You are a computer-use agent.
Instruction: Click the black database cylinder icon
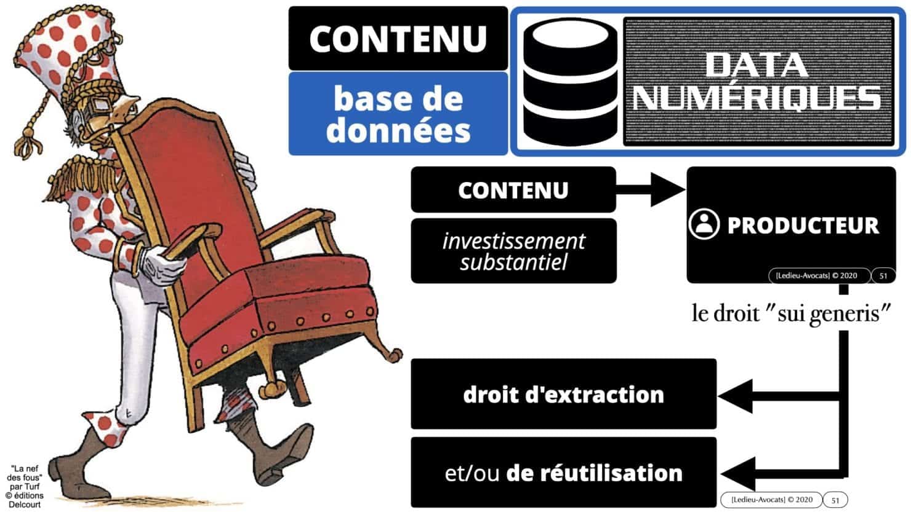point(569,82)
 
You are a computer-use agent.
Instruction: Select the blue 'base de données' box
point(398,114)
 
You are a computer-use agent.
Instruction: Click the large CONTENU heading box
point(398,38)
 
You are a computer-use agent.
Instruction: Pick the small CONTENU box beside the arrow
point(513,190)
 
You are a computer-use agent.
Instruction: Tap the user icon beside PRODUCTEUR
point(704,225)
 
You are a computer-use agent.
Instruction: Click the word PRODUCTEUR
point(803,226)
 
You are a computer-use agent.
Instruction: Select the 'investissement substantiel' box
point(513,251)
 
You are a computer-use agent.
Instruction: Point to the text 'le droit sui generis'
point(792,314)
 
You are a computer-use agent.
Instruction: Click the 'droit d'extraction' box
point(563,394)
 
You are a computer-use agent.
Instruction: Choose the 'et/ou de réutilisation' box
point(563,473)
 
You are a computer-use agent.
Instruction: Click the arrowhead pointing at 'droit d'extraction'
point(736,395)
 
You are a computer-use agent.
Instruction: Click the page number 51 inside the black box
point(883,276)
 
